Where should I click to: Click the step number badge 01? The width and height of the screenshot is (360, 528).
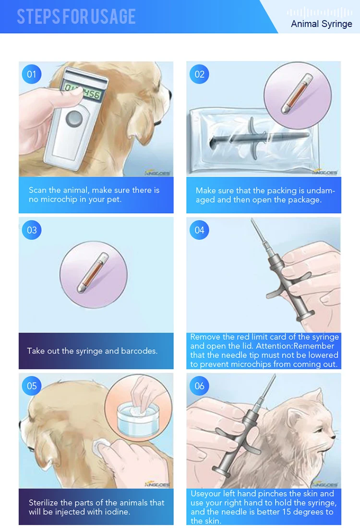32,74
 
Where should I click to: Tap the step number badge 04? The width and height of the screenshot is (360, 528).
199,230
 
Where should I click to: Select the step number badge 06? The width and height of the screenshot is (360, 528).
199,386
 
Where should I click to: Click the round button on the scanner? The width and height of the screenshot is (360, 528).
74,119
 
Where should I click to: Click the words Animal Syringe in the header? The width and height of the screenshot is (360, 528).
322,24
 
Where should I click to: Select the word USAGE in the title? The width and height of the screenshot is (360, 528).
113,16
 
